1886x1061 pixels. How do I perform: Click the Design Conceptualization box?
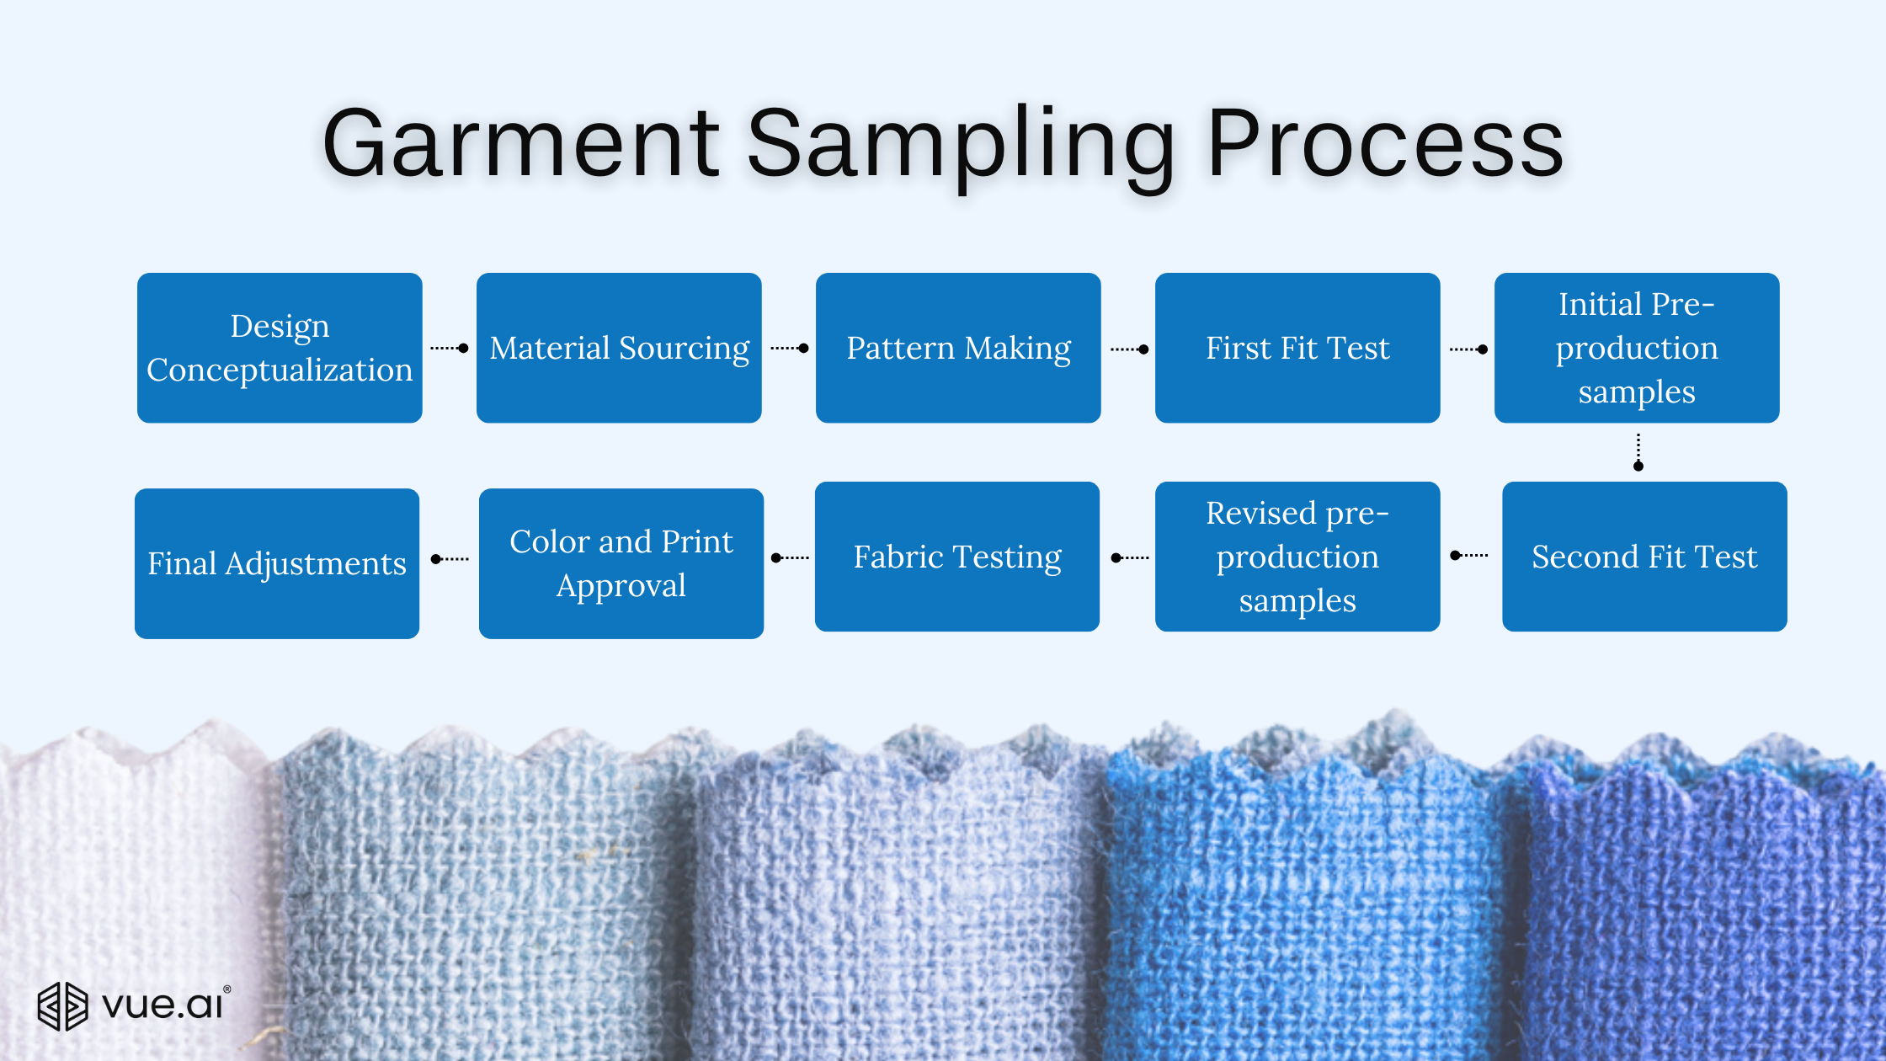[280, 348]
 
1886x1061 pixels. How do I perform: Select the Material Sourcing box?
[619, 348]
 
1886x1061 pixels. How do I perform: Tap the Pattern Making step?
[958, 348]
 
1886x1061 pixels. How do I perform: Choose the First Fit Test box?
[1297, 348]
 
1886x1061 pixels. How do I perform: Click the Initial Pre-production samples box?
[1637, 348]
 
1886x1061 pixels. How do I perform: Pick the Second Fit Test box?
[1644, 557]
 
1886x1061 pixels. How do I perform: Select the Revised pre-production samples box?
[1297, 557]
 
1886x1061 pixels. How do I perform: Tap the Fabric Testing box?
[957, 557]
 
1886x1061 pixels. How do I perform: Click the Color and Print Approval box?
[621, 563]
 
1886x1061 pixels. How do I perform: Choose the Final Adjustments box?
[277, 563]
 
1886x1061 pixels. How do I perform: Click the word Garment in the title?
[521, 143]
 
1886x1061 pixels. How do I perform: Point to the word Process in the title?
[1385, 143]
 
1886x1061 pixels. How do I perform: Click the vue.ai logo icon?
[62, 1006]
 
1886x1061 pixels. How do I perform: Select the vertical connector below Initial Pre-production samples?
[1638, 452]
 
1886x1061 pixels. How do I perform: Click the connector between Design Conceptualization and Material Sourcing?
[450, 348]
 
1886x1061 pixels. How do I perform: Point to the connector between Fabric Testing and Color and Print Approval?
[791, 557]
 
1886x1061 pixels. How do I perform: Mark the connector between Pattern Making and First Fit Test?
[1130, 349]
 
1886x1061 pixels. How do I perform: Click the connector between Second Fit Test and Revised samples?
[1469, 556]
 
